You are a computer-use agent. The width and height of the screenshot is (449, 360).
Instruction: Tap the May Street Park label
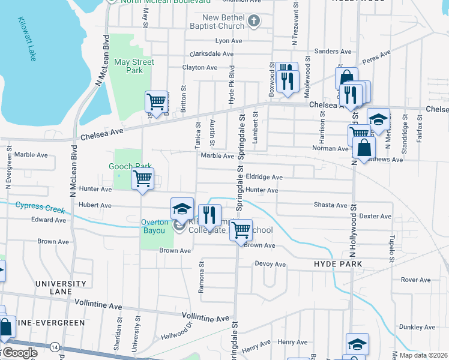coord(134,66)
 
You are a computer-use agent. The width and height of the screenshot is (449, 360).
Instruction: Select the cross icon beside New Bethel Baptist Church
coord(253,22)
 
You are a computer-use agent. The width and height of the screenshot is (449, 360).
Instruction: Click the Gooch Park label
coord(130,166)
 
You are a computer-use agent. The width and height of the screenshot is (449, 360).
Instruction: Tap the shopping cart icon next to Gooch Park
coord(142,178)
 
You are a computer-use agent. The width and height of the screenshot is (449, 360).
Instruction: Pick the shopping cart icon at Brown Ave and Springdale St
coord(241,229)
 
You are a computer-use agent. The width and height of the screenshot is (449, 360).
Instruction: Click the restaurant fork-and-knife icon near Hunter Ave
coord(209,214)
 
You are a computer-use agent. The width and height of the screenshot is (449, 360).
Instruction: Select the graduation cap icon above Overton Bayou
coord(182,208)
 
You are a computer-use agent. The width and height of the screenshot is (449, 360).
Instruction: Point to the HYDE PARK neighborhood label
coord(338,264)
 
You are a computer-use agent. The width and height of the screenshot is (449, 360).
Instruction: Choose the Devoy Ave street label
coord(270,263)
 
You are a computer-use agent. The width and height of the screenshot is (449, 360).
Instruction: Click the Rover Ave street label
coord(416,280)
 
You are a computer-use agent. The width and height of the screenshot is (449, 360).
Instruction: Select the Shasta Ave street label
coord(330,205)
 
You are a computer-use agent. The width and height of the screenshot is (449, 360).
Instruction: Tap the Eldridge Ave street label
coord(264,177)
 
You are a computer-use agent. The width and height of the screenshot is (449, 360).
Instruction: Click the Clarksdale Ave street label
coord(212,53)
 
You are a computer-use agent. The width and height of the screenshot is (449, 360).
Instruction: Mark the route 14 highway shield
coord(55,347)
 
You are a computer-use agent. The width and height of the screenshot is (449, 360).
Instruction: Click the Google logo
coord(19,353)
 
